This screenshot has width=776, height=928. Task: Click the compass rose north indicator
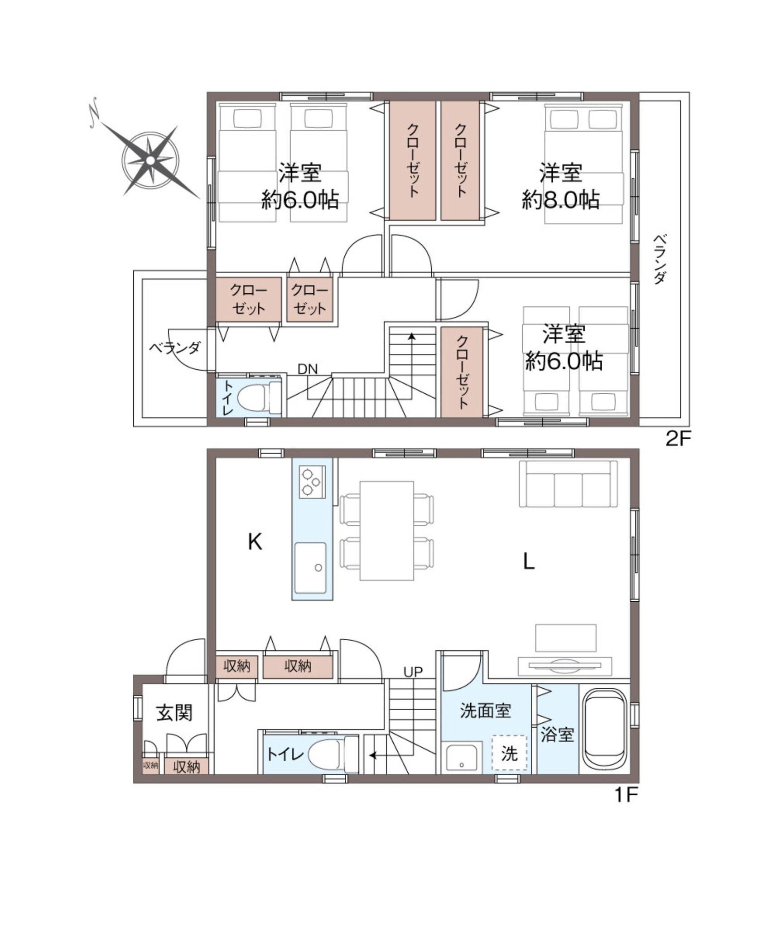click(94, 114)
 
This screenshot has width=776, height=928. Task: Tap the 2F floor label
click(677, 438)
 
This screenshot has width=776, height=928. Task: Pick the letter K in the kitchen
click(255, 541)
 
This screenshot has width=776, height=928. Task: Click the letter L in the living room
click(529, 562)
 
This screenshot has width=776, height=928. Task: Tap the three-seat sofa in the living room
click(568, 484)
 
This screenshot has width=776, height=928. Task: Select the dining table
click(387, 531)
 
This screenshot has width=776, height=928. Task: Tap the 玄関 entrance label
click(174, 712)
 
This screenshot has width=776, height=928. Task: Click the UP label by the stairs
click(413, 672)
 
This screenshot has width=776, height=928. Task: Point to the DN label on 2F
click(308, 369)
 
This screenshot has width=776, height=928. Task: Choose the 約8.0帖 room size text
click(561, 199)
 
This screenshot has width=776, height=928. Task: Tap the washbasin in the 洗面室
click(462, 758)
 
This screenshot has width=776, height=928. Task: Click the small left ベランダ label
click(174, 348)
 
